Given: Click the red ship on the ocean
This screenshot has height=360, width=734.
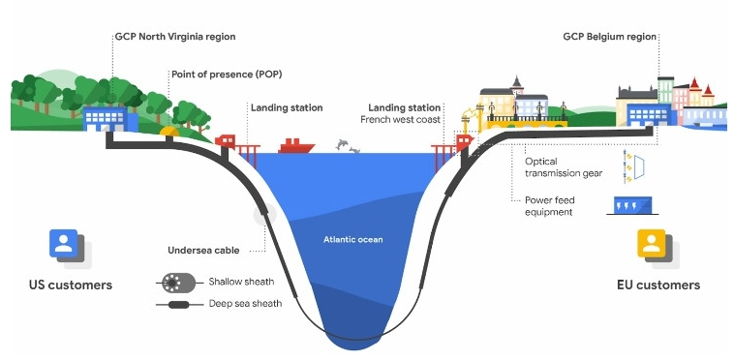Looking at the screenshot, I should (296, 145).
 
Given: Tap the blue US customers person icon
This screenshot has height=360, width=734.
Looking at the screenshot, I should (64, 243).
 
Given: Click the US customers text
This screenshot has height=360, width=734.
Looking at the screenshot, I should (70, 285).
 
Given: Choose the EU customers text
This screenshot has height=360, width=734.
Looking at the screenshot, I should (658, 285).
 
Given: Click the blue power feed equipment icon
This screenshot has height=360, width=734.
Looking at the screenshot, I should (627, 204).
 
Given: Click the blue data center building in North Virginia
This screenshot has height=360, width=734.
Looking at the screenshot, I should (107, 118).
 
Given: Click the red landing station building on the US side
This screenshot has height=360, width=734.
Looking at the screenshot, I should (228, 141).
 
